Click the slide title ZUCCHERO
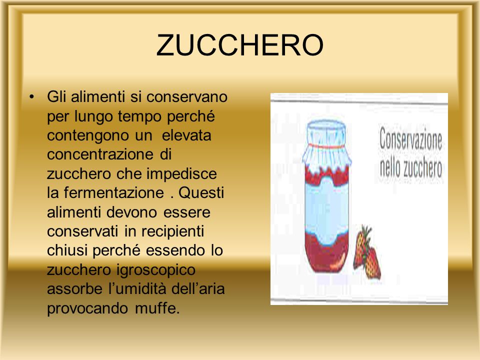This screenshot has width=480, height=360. [x=239, y=45]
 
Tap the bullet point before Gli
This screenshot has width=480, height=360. [x=31, y=97]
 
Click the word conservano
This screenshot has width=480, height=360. [x=187, y=97]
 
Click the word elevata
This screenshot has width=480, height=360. [x=186, y=135]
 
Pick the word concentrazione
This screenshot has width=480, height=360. [x=100, y=154]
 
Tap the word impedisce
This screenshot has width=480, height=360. [x=182, y=174]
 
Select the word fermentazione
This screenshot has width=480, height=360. [x=114, y=193]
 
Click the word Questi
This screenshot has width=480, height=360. [x=201, y=193]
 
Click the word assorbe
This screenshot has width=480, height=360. [x=75, y=289]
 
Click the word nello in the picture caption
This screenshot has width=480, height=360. [x=390, y=168]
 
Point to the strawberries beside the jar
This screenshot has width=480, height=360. [x=367, y=253]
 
